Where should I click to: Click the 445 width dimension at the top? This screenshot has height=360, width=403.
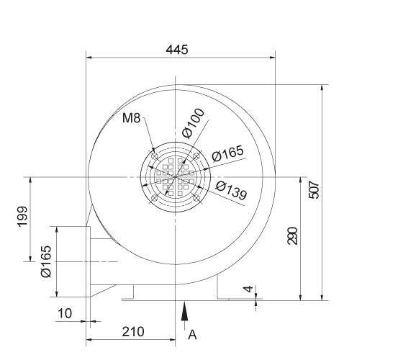click(x=176, y=49)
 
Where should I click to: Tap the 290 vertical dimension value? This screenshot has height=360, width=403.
click(x=292, y=235)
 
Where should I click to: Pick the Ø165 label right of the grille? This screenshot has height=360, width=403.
click(x=229, y=154)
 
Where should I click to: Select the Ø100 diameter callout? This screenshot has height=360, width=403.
click(x=194, y=122)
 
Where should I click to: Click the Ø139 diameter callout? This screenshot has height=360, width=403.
click(x=232, y=191)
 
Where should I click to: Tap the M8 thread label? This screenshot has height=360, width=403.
click(x=130, y=118)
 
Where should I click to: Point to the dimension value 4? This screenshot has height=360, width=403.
click(x=248, y=289)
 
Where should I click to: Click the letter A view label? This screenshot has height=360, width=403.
click(x=191, y=334)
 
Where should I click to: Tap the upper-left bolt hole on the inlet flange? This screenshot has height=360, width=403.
click(x=155, y=154)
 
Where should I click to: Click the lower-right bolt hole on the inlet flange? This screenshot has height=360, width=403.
click(x=196, y=196)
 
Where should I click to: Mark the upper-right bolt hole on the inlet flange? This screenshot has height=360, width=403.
click(x=196, y=154)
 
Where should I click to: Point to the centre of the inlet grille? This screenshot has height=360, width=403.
click(x=175, y=176)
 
